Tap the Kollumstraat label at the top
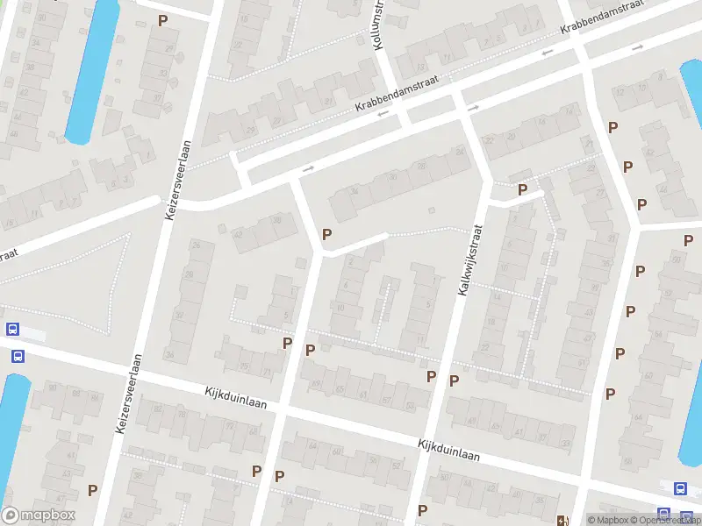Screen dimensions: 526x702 click(380, 24)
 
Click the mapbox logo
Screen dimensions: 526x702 click(39, 515)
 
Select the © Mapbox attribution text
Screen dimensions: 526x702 click(607, 520)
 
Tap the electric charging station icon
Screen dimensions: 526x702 click(562, 519)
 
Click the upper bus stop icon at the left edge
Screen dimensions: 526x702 click(12, 330)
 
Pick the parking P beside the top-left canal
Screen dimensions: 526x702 click(162, 20)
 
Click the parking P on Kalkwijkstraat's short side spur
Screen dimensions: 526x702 click(522, 189)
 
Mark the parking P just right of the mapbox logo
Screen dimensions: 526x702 click(92, 490)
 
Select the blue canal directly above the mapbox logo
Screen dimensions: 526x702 click(12, 434)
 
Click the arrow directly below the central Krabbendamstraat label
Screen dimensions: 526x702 click(383, 113)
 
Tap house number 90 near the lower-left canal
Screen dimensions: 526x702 click(52, 387)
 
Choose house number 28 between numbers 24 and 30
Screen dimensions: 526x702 click(422, 166)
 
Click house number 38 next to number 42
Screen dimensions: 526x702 click(277, 220)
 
